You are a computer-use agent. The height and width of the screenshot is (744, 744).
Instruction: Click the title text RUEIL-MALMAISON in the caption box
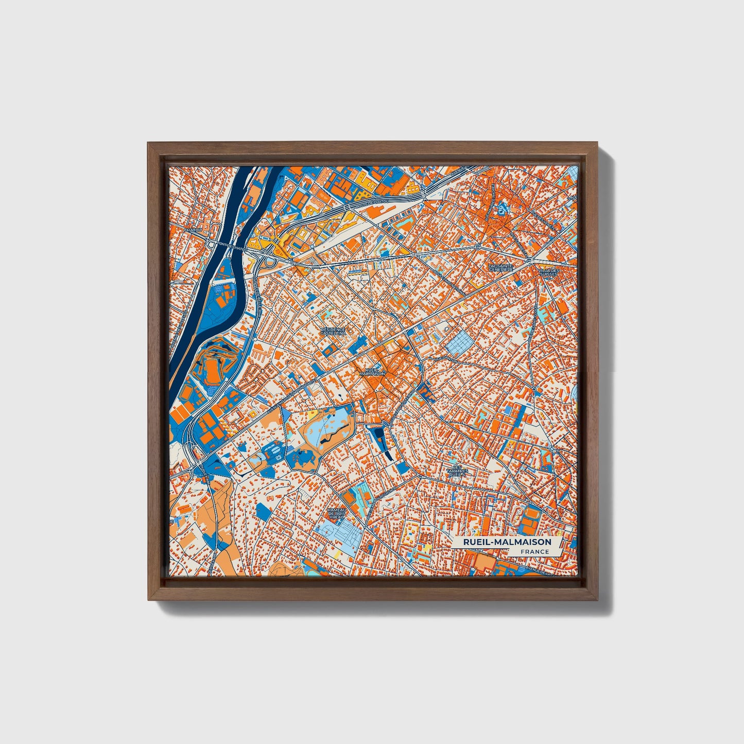click(507, 542)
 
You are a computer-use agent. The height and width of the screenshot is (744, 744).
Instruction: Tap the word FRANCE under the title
click(534, 552)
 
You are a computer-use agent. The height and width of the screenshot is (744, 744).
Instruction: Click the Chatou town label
click(193, 230)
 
